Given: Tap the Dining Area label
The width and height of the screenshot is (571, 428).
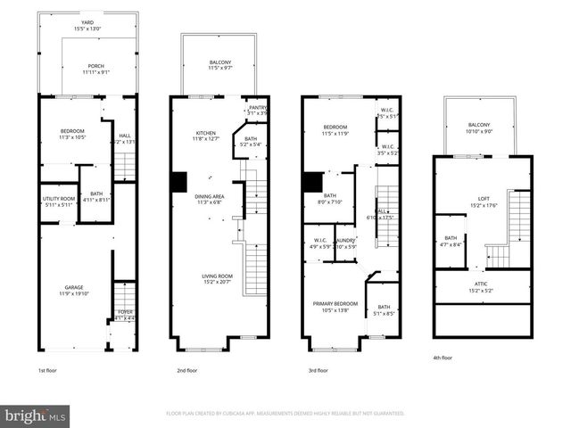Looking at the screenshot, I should tap(210, 198).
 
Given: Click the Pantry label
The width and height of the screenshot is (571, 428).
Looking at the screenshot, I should tap(257, 110).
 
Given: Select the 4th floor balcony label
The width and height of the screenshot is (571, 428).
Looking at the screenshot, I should tap(479, 128).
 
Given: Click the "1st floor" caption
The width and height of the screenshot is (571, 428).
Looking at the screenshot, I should tap(49, 370).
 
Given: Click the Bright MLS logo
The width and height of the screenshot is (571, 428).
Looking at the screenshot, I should tap(36, 415).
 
